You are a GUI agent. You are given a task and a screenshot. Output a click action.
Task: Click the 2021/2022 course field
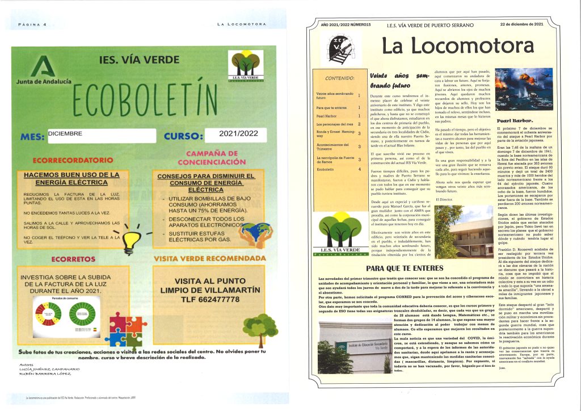tap(235, 135)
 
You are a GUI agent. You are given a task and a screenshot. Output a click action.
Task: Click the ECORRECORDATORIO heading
tap(70, 161)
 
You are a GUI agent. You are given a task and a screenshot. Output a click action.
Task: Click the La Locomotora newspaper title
tap(457, 45)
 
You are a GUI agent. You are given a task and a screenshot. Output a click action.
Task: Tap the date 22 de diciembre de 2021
tap(521, 25)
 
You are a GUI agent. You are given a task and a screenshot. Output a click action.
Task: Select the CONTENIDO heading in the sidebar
tap(338, 78)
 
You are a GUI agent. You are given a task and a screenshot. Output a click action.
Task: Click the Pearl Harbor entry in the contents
tap(327, 115)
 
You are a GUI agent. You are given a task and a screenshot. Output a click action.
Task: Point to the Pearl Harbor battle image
tap(516, 91)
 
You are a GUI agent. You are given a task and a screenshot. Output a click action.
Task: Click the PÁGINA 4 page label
tap(32, 24)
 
